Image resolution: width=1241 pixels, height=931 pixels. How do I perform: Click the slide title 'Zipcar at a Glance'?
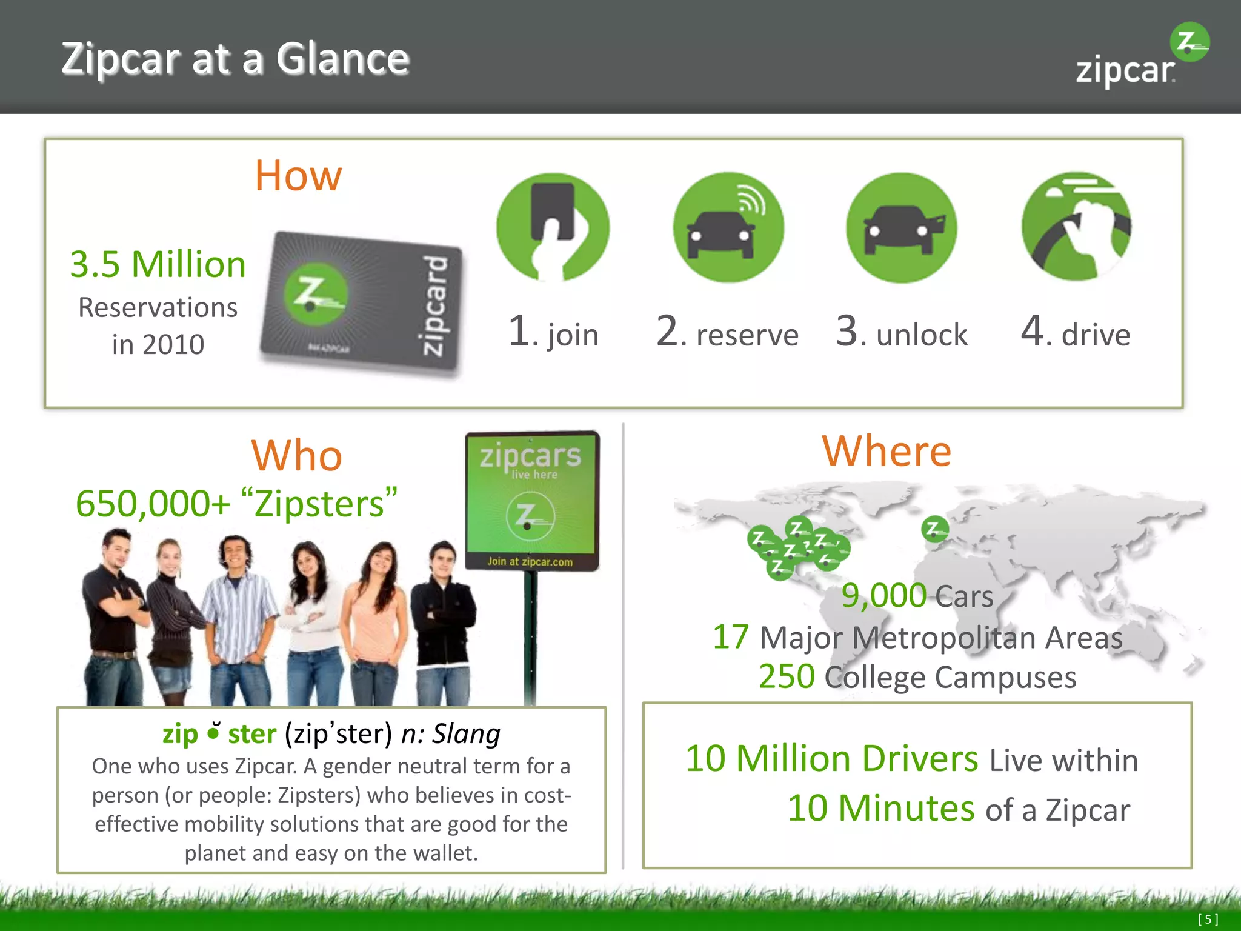click(x=235, y=59)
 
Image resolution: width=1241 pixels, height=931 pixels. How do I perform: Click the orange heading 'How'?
click(x=298, y=176)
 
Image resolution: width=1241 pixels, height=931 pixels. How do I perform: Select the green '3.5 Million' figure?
click(x=158, y=265)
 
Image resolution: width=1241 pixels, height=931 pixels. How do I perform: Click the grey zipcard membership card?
click(x=361, y=303)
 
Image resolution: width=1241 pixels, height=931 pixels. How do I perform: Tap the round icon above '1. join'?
click(x=553, y=227)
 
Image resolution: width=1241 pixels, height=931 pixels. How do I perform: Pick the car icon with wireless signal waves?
click(x=728, y=227)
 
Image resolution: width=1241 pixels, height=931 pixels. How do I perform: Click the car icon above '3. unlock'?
click(x=901, y=227)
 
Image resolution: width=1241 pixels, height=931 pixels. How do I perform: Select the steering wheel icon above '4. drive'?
click(x=1076, y=226)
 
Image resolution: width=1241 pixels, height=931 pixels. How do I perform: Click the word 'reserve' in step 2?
click(x=747, y=335)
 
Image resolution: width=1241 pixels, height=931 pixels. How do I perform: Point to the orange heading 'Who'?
click(x=296, y=455)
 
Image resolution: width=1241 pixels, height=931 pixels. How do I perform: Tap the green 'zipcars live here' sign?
click(x=531, y=500)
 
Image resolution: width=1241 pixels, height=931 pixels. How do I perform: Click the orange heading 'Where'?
click(x=887, y=451)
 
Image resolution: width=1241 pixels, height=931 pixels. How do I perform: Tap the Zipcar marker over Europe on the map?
click(x=934, y=529)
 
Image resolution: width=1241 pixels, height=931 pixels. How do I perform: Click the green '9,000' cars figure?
click(x=883, y=595)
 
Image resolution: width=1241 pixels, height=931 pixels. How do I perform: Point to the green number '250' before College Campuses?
click(x=787, y=676)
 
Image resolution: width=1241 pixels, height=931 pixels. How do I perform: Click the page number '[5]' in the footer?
click(x=1208, y=919)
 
